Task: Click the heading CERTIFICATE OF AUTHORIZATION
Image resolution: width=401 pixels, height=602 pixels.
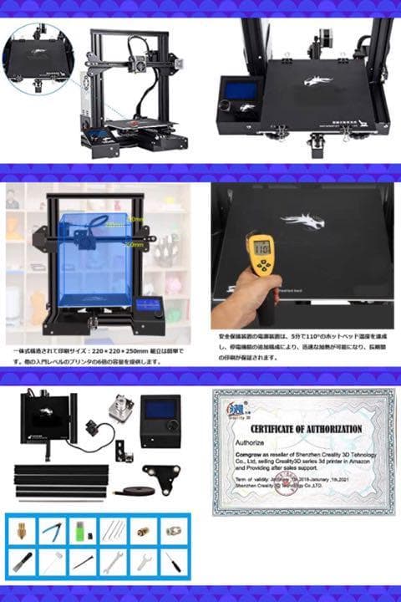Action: [304, 430]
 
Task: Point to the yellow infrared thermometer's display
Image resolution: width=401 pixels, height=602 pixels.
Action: [262, 247]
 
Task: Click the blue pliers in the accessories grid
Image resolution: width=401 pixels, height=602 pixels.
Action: [52, 530]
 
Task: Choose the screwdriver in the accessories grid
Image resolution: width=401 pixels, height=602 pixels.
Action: [173, 561]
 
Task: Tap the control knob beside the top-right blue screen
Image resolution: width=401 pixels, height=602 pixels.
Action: [226, 105]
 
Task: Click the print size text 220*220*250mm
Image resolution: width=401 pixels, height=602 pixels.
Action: [125, 352]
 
